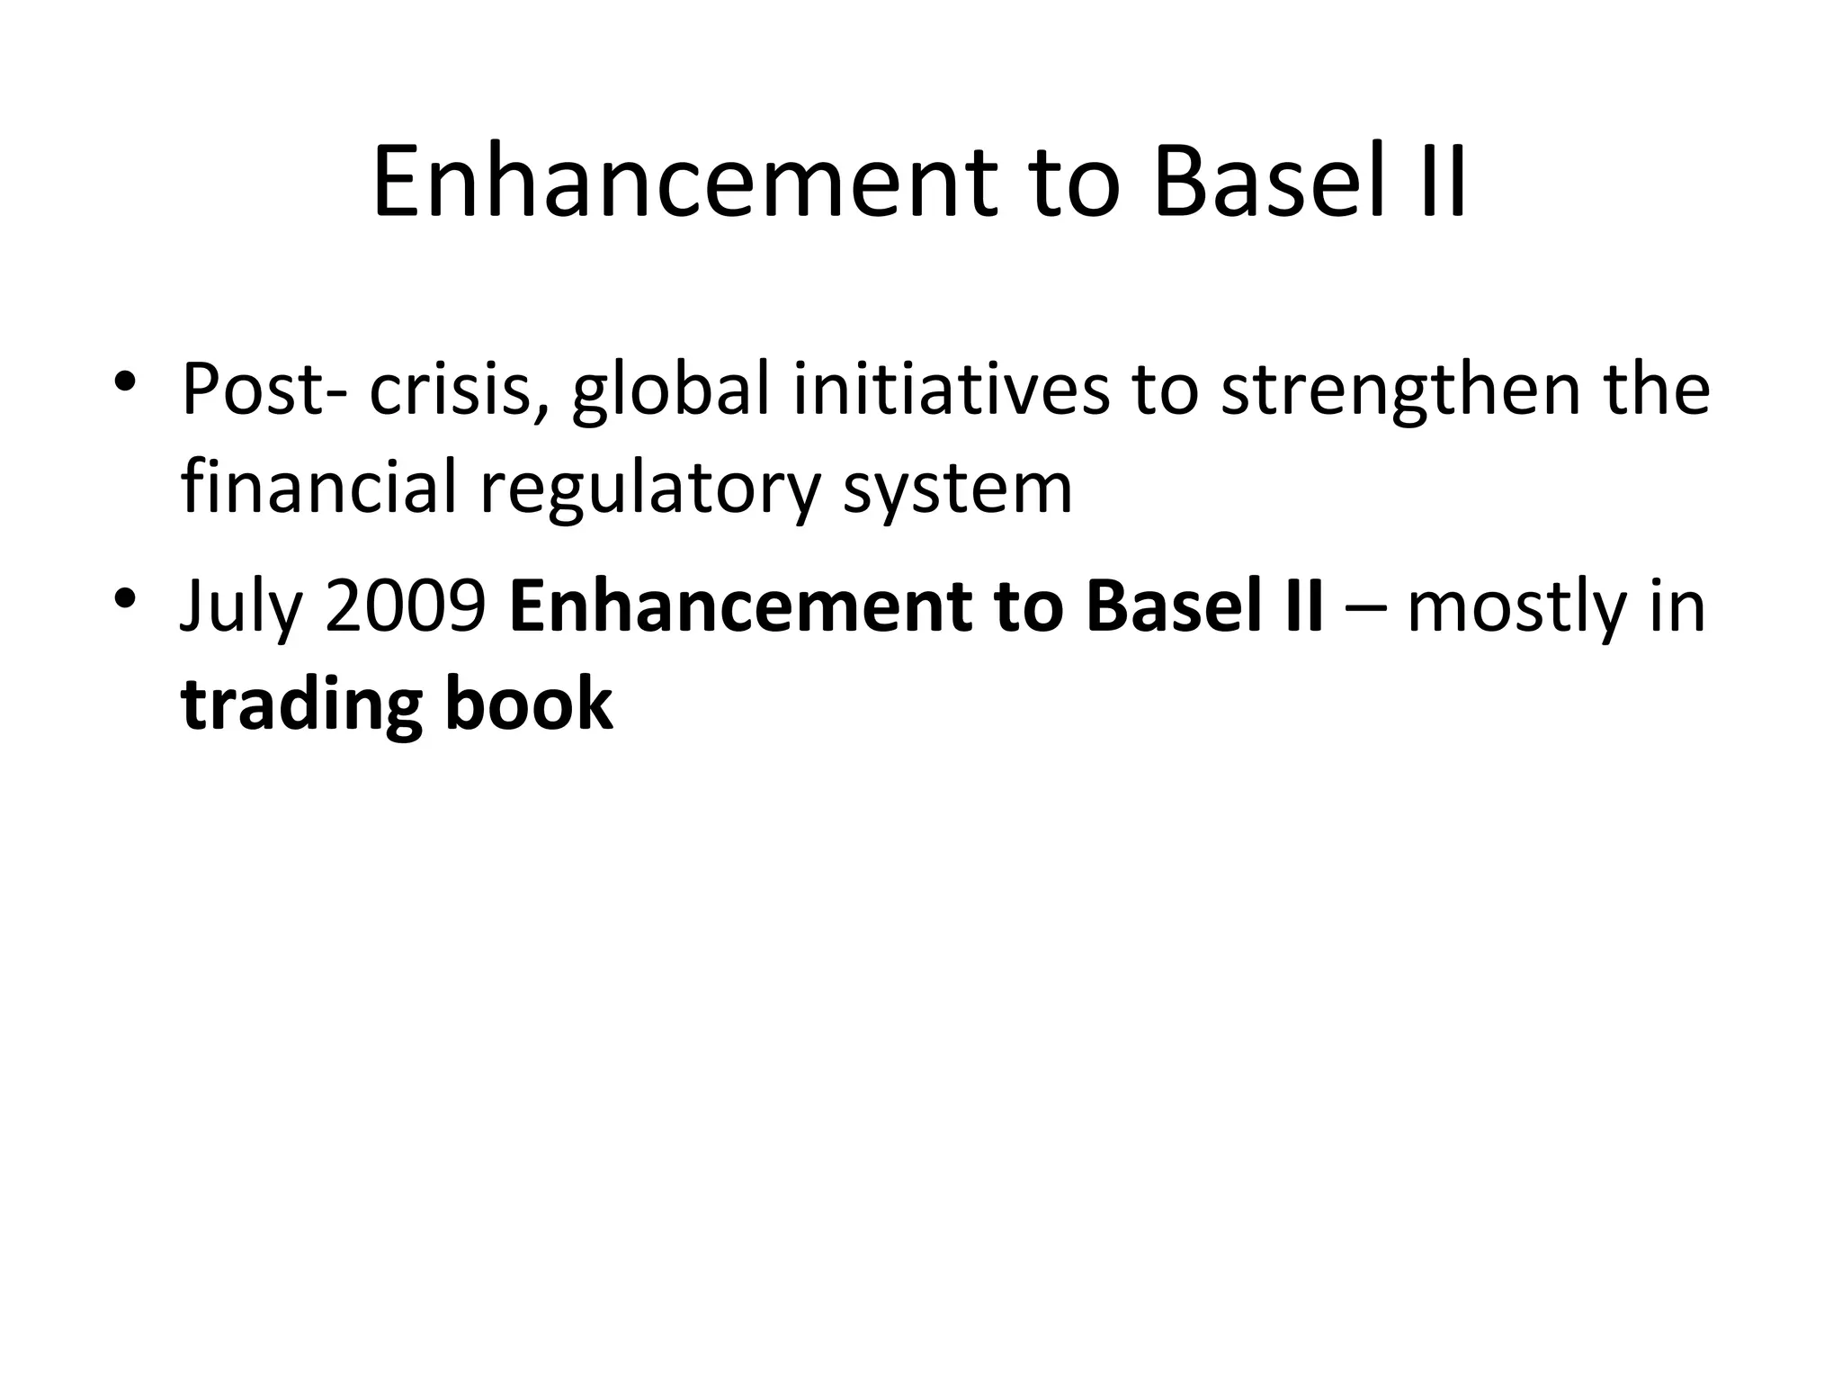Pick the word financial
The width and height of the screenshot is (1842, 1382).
pyautogui.click(x=318, y=488)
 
